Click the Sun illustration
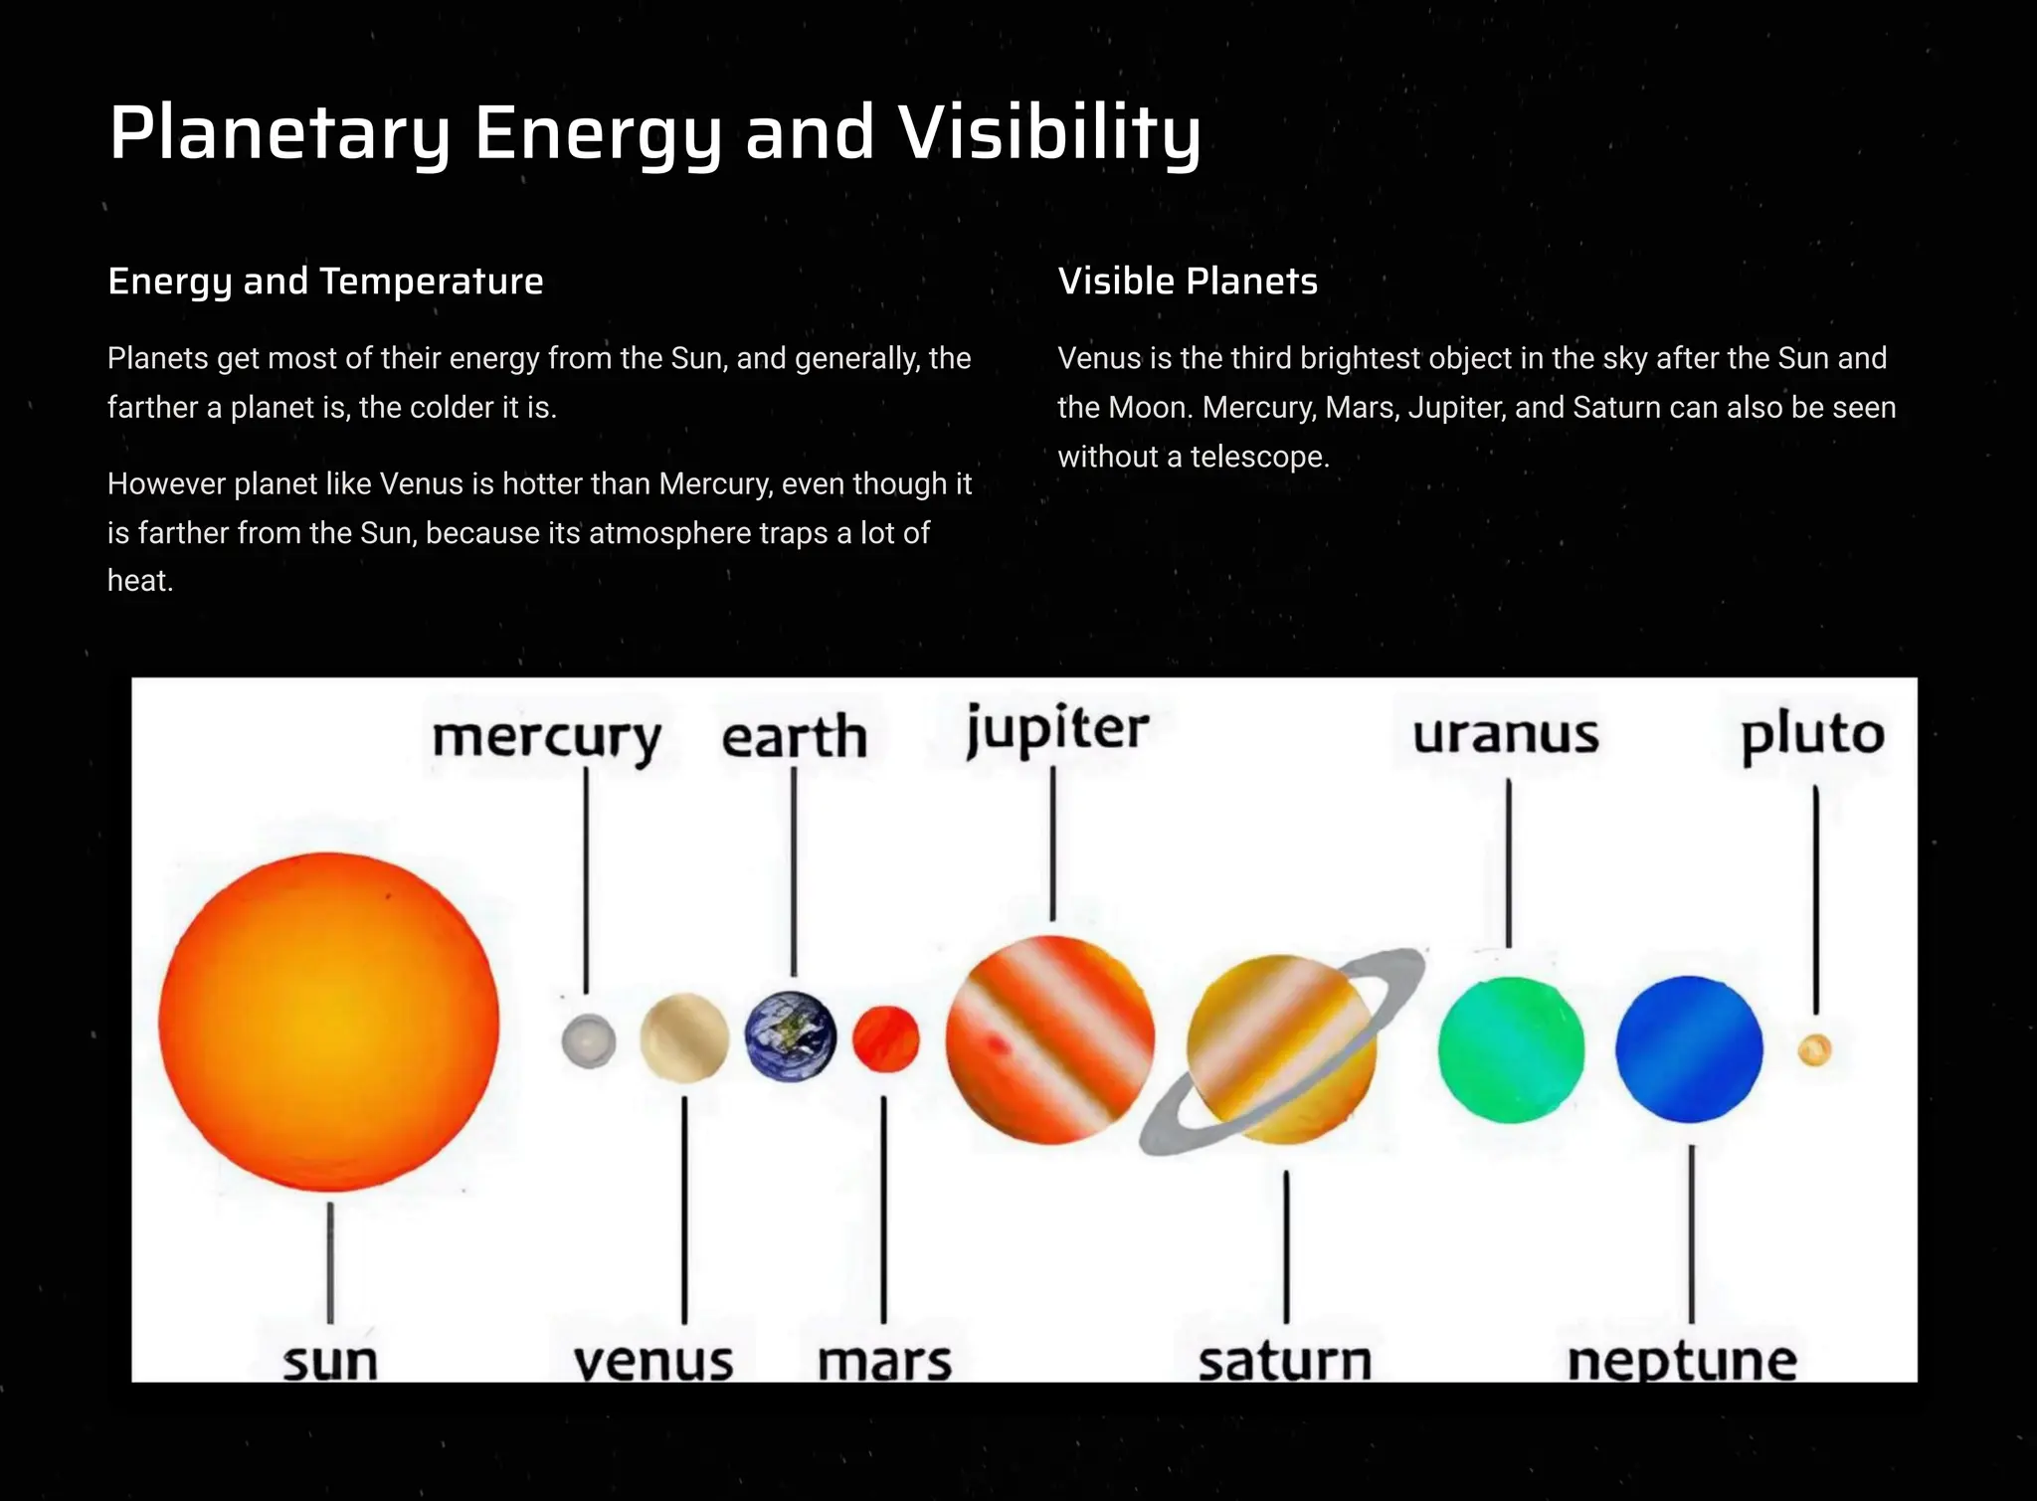[328, 1022]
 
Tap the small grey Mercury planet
[588, 1040]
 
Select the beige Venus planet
[684, 1037]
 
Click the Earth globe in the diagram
[791, 1035]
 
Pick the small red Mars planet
[885, 1038]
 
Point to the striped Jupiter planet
[1050, 1038]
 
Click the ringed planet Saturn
[1281, 1049]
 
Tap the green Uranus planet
[1511, 1049]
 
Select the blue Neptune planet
[1689, 1048]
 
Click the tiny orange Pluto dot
[1815, 1050]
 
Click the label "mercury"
[546, 739]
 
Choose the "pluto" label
[1812, 736]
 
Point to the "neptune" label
[1682, 1361]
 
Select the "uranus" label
[1506, 735]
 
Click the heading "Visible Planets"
[1188, 281]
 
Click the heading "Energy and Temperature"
[325, 281]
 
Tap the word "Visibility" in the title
[1050, 133]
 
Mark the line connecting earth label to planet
[794, 870]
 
